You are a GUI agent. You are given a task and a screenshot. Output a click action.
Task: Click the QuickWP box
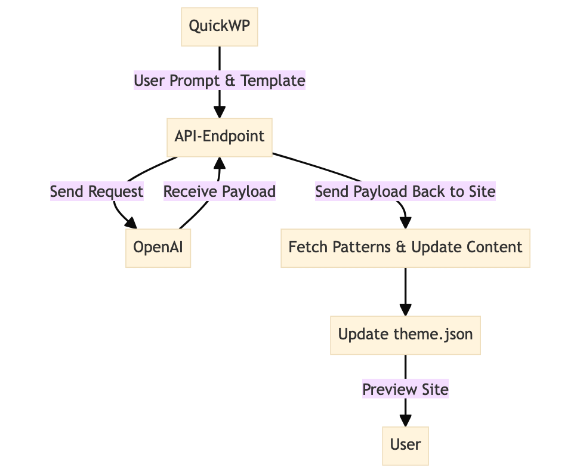[220, 26]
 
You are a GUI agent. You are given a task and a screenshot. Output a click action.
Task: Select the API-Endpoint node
[220, 136]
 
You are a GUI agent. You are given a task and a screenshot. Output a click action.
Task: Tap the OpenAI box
[158, 247]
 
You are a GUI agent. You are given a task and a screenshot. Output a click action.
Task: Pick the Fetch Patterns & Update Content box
[405, 247]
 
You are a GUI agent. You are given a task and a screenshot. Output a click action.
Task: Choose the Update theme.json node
[405, 334]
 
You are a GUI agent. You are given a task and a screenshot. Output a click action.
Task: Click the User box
[405, 444]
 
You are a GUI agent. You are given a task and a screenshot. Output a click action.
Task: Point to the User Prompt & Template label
[220, 81]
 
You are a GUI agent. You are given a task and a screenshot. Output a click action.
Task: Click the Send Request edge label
[97, 191]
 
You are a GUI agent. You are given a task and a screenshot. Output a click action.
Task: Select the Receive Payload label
[220, 191]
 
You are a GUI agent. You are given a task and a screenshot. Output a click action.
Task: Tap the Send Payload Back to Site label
[405, 191]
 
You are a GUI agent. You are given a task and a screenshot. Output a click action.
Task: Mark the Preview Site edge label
[405, 389]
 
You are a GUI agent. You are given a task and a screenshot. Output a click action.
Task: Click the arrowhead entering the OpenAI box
[131, 223]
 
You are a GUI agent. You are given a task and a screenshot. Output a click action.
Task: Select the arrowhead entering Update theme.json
[405, 310]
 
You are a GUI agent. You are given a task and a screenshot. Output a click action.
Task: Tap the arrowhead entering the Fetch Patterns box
[405, 222]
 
